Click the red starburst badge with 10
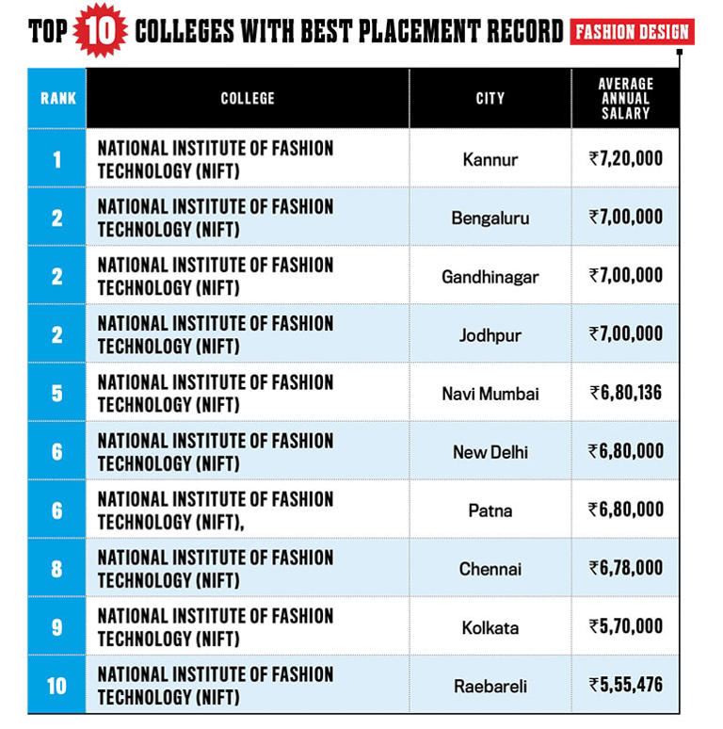tap(100, 30)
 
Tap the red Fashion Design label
tap(632, 32)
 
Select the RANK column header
tap(57, 98)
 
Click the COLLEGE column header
tap(248, 98)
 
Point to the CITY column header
tap(490, 98)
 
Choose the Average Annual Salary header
tap(625, 98)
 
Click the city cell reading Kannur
tap(490, 159)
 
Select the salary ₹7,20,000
tap(625, 158)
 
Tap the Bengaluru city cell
tap(490, 219)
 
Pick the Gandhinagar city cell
tap(490, 277)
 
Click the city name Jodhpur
tap(490, 335)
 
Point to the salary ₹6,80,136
tap(625, 393)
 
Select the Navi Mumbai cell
tap(490, 394)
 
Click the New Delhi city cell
tap(490, 452)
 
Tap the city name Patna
tap(490, 510)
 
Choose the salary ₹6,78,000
tap(625, 568)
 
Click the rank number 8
tap(56, 569)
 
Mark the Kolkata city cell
tap(490, 627)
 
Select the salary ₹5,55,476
tap(625, 685)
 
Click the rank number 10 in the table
tap(56, 686)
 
